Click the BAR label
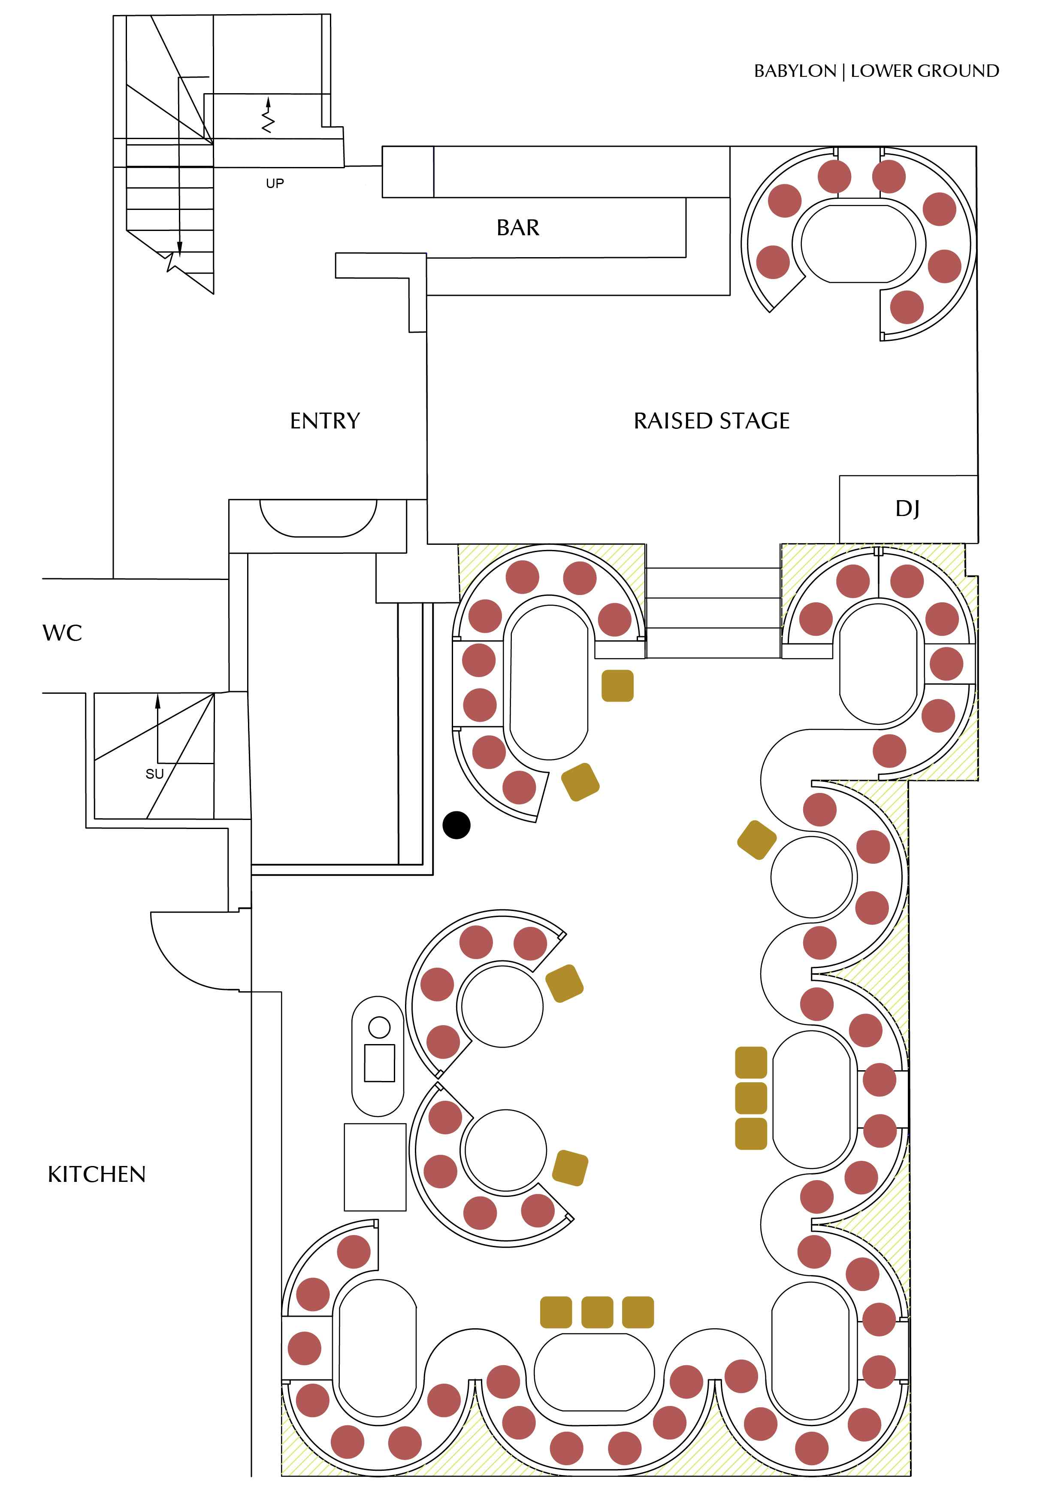coord(518,228)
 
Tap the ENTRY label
coord(325,420)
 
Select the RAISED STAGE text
coord(711,420)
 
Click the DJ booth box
coord(908,508)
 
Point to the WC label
coord(62,633)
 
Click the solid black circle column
coord(456,825)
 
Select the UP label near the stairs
coord(275,184)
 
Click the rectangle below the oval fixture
coord(375,1167)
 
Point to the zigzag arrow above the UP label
coord(267,115)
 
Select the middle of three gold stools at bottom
coord(597,1312)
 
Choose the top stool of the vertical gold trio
coord(751,1063)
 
